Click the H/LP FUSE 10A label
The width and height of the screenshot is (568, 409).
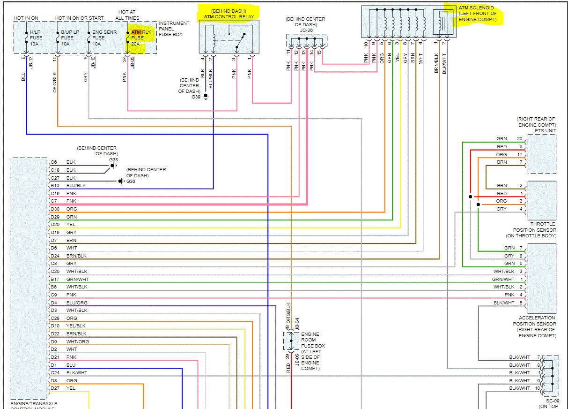click(36, 38)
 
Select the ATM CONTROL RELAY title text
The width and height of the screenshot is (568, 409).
click(229, 17)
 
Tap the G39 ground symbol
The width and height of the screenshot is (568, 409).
click(206, 97)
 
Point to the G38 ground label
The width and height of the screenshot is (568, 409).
click(113, 160)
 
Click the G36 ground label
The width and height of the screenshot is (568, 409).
click(131, 182)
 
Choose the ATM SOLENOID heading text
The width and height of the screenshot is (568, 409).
click(476, 8)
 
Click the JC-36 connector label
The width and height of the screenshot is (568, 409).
click(306, 30)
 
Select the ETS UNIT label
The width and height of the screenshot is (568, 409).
click(545, 130)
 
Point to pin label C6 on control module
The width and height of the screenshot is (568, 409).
click(54, 162)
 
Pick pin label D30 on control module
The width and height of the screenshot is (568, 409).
click(55, 209)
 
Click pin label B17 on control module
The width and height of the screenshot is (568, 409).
click(55, 279)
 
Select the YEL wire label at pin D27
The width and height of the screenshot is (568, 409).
click(71, 388)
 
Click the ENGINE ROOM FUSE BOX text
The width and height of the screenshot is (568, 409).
click(313, 340)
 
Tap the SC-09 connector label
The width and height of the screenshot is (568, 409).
click(553, 401)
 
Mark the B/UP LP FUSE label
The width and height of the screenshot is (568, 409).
click(70, 35)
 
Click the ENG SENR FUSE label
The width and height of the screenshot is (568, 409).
click(104, 35)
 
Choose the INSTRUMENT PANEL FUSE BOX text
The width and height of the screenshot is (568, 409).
click(174, 29)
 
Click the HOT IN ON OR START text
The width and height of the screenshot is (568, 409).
click(79, 18)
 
